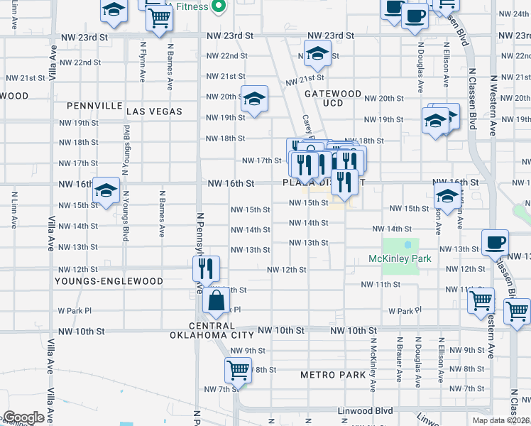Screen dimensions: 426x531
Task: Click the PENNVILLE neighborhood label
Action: (95, 106)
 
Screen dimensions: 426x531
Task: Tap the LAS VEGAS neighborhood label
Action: (154, 111)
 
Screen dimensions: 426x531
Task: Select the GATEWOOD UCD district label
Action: (333, 98)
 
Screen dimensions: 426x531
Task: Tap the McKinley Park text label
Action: (400, 259)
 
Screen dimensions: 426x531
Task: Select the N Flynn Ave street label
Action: (143, 65)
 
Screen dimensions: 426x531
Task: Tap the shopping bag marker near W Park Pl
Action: (216, 302)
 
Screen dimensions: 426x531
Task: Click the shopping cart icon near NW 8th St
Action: (238, 369)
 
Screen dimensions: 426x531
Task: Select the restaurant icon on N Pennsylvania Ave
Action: (207, 268)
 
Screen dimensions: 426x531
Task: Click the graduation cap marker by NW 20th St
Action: (253, 99)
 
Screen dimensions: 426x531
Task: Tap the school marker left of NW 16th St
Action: (106, 190)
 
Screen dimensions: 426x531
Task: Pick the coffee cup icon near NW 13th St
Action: (495, 242)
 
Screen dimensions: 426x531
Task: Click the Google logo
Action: (23, 417)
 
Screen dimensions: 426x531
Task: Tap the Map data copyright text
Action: (500, 420)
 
